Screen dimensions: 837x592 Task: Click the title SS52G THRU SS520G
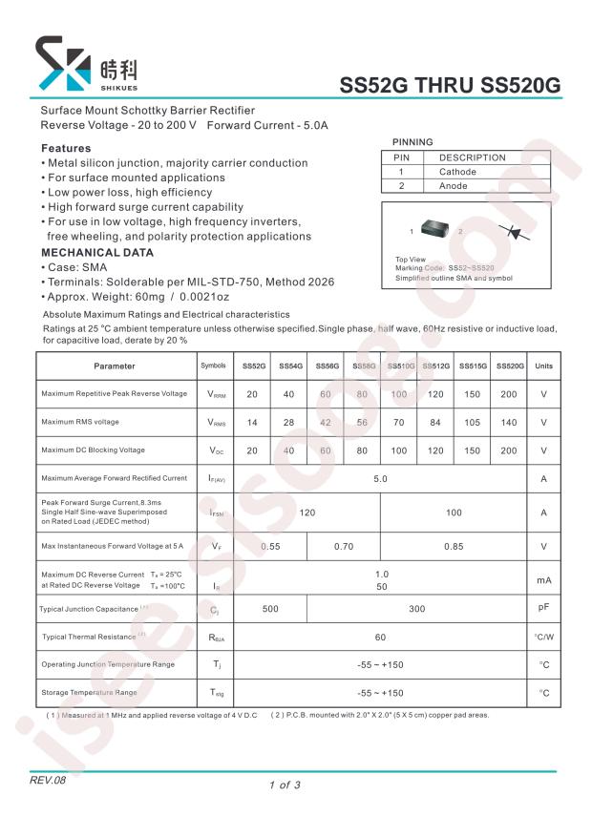click(451, 86)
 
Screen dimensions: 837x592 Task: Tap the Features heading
click(66, 149)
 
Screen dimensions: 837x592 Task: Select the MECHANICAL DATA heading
click(96, 253)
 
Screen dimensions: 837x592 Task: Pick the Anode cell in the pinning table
click(454, 186)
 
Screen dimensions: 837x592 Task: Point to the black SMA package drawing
click(439, 231)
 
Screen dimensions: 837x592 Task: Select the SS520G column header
click(508, 366)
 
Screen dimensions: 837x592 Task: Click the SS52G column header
click(253, 366)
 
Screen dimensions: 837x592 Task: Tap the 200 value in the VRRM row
click(508, 394)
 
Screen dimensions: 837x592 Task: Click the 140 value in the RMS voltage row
click(508, 423)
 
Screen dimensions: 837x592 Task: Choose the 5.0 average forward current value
click(380, 478)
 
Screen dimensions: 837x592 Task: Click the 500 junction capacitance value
click(270, 609)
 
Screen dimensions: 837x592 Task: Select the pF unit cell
click(543, 608)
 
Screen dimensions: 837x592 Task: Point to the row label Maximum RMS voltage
click(80, 423)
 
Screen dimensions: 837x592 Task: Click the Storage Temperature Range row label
click(89, 693)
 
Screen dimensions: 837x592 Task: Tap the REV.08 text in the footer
click(49, 781)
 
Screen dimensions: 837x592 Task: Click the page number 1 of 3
click(285, 785)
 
